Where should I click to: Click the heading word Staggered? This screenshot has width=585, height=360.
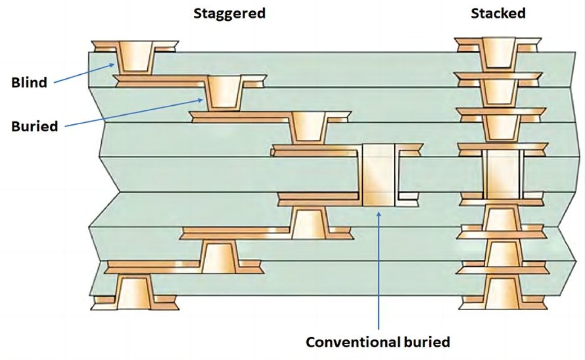coord(229,13)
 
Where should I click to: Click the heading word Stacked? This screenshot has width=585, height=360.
coord(498,13)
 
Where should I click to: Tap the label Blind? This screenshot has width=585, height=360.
coord(29,83)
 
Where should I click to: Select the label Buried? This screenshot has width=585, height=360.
coord(35,126)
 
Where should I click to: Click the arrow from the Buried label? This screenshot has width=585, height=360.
coord(135,112)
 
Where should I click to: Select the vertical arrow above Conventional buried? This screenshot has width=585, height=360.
coord(379,270)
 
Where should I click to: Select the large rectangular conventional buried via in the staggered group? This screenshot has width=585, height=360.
coord(378,175)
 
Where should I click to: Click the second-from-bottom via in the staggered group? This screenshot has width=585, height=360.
coord(219,257)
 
